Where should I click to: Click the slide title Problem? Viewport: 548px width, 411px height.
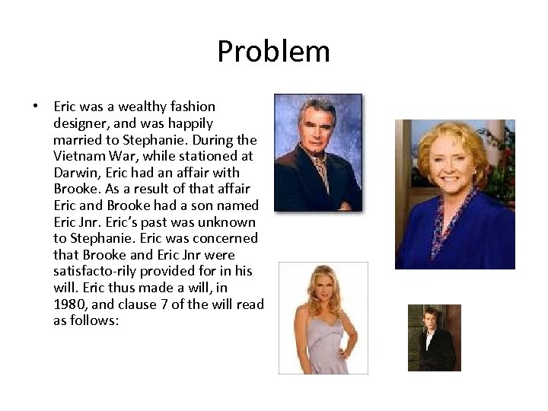click(273, 52)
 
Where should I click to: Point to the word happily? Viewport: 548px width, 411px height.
click(187, 123)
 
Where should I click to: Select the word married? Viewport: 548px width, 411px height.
click(79, 140)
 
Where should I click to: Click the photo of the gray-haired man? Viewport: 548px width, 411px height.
click(318, 152)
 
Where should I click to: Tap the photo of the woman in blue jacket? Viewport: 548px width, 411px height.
click(454, 194)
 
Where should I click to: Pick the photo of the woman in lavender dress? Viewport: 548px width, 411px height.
click(323, 317)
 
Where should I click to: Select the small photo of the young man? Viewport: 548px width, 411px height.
click(434, 337)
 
